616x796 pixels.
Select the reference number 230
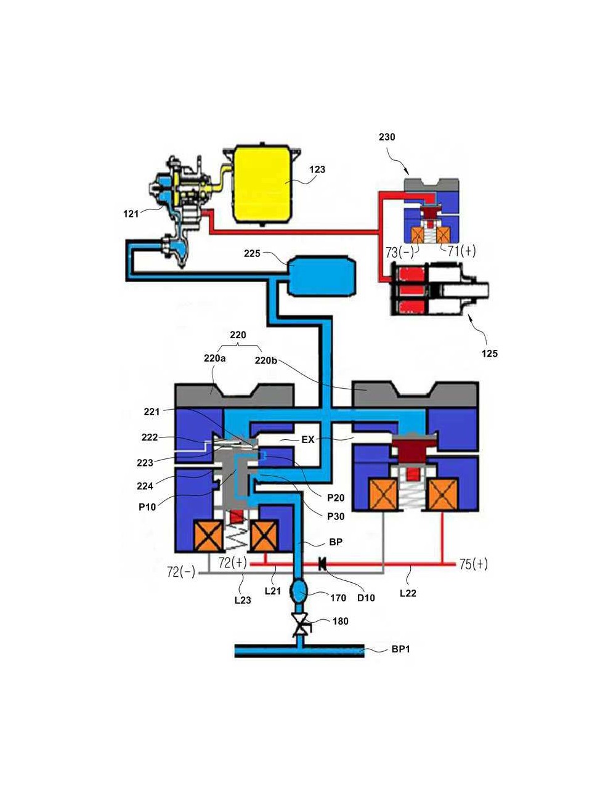[x=387, y=137]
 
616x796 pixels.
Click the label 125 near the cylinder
[x=490, y=353]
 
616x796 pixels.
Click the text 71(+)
[x=462, y=251]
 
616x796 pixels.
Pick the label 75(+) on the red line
[x=474, y=564]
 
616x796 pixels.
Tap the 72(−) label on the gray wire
[x=181, y=572]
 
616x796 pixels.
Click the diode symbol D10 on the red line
[x=322, y=564]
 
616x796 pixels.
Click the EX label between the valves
[x=307, y=439]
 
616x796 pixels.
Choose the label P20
[x=336, y=498]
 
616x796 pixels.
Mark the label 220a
[x=214, y=358]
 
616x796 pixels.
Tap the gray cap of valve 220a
[x=234, y=395]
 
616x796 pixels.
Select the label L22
[x=408, y=593]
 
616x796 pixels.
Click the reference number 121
[x=131, y=214]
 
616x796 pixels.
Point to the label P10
[x=147, y=507]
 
